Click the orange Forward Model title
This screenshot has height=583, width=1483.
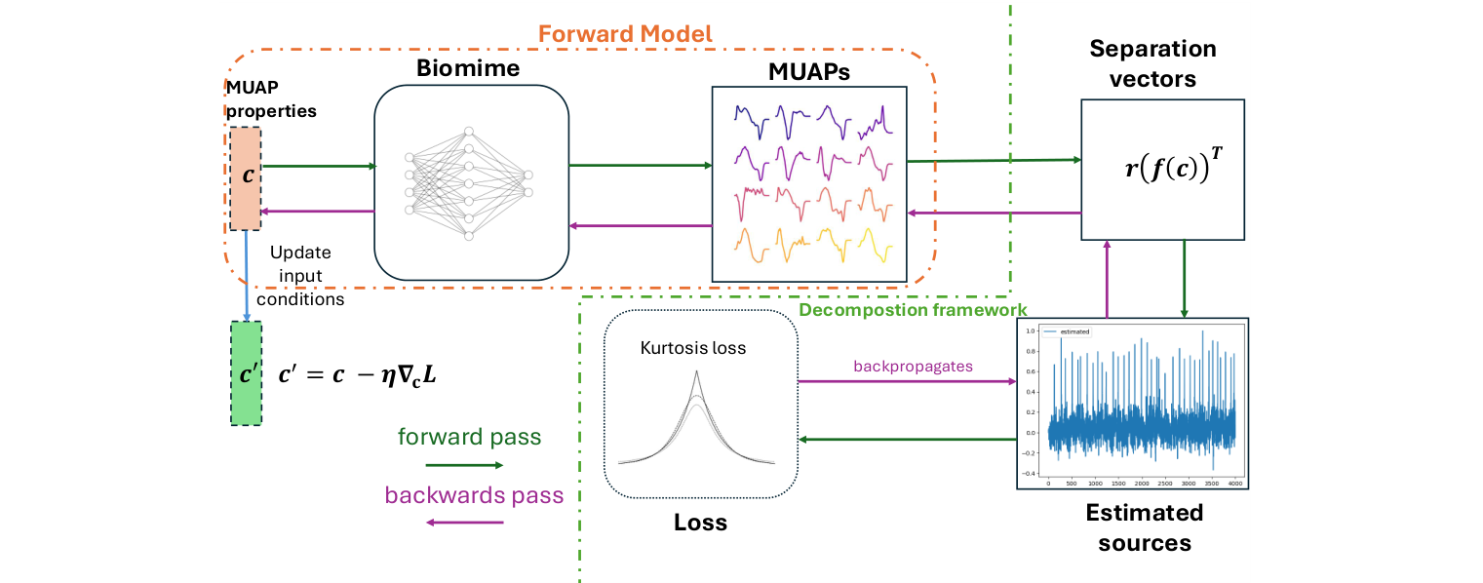625,34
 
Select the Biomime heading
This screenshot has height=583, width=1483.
468,69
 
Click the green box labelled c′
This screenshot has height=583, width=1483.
246,373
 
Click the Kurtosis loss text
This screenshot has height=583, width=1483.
693,347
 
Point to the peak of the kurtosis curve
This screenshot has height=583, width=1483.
697,373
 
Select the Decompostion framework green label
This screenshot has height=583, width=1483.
906,310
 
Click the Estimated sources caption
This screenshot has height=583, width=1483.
1144,527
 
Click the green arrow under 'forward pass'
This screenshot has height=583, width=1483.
464,465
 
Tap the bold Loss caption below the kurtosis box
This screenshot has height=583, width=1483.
700,523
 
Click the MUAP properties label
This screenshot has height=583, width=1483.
271,101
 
